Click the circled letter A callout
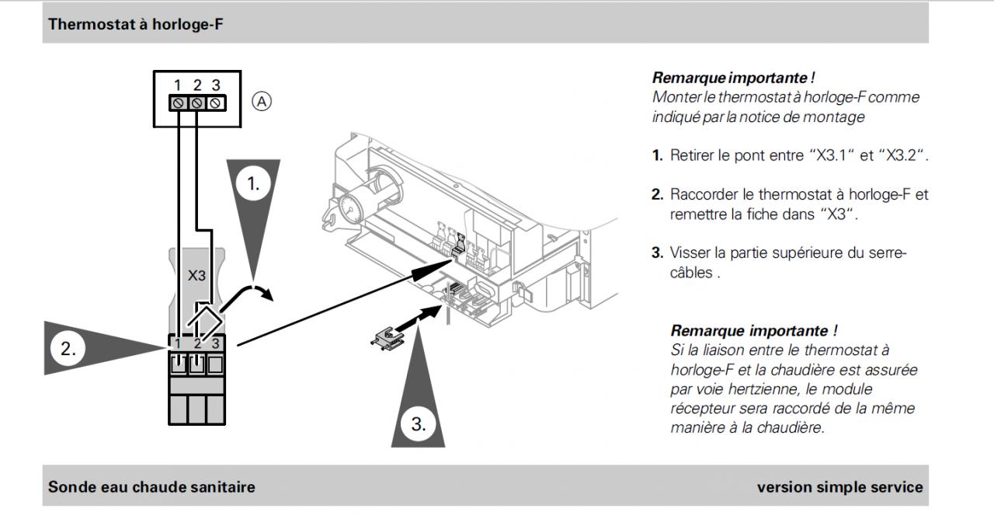coord(265,101)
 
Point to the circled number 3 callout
coord(419,424)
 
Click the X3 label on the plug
coord(198,276)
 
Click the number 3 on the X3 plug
coord(216,343)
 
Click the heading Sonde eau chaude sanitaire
coord(151,487)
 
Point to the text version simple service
coord(840,487)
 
